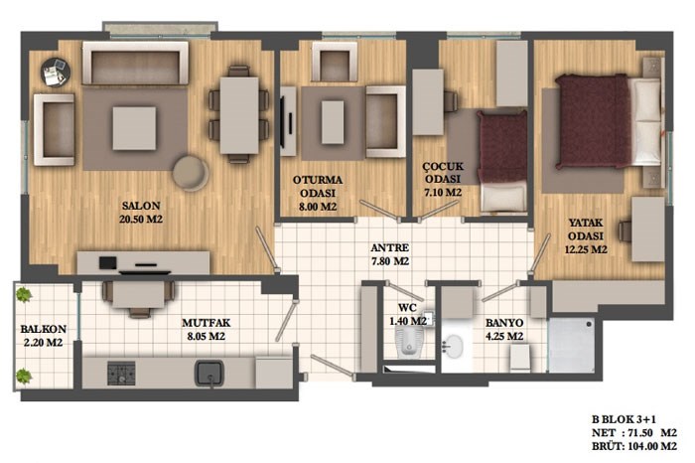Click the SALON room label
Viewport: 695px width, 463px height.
coord(141,206)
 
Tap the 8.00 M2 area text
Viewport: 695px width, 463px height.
coord(318,207)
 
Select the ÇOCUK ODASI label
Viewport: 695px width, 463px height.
coord(443,173)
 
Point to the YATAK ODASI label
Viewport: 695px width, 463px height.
coord(586,229)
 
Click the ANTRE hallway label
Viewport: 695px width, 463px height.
coord(389,248)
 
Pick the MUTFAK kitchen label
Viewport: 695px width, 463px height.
coord(207,323)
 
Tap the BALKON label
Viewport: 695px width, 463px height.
coord(43,329)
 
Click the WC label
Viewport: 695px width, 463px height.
coord(407,308)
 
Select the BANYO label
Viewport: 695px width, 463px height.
coord(504,323)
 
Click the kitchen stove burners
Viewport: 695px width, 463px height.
coord(121,373)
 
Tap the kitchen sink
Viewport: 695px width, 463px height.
coord(209,373)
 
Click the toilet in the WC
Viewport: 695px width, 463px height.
coord(409,344)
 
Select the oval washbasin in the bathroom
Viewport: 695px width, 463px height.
coord(452,347)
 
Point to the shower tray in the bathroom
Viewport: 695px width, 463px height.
coord(571,344)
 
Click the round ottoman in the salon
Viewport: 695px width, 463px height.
coord(191,173)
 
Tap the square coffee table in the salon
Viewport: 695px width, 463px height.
coord(134,128)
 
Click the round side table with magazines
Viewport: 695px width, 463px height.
coord(56,72)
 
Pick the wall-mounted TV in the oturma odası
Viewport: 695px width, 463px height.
coord(282,121)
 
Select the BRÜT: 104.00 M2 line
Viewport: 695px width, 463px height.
coord(634,446)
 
